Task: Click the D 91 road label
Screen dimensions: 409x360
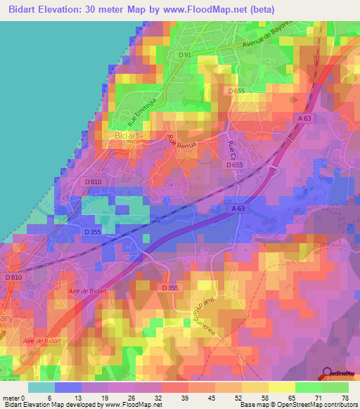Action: click(x=185, y=55)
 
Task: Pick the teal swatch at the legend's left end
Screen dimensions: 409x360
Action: click(x=41, y=387)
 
